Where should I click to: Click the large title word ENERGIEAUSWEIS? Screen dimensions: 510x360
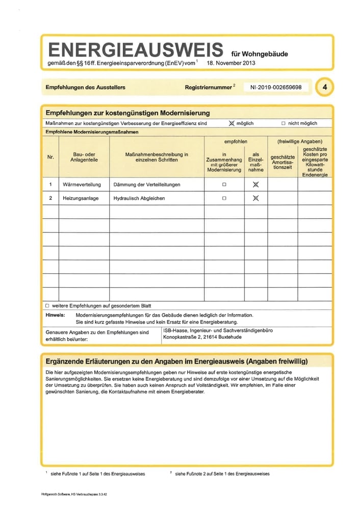[135, 49]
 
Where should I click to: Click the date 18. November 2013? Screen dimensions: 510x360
[231, 64]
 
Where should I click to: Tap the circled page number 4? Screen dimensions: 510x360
[324, 88]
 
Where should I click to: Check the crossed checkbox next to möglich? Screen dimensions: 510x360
[232, 123]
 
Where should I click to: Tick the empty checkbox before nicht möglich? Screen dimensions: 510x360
[284, 123]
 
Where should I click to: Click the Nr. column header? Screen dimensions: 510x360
[50, 157]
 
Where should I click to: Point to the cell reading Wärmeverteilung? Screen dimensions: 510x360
[82, 184]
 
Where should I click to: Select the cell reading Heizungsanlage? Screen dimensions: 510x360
[81, 198]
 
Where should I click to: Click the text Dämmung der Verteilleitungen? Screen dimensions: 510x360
[147, 184]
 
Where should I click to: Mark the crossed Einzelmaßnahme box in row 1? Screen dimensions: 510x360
[255, 184]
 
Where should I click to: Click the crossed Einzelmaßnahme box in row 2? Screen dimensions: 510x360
[255, 198]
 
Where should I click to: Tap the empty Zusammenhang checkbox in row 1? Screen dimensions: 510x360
[224, 184]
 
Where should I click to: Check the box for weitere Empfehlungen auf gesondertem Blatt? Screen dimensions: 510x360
[47, 305]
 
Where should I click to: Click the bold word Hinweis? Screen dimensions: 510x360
[55, 315]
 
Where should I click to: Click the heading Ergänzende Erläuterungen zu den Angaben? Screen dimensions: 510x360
[176, 362]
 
